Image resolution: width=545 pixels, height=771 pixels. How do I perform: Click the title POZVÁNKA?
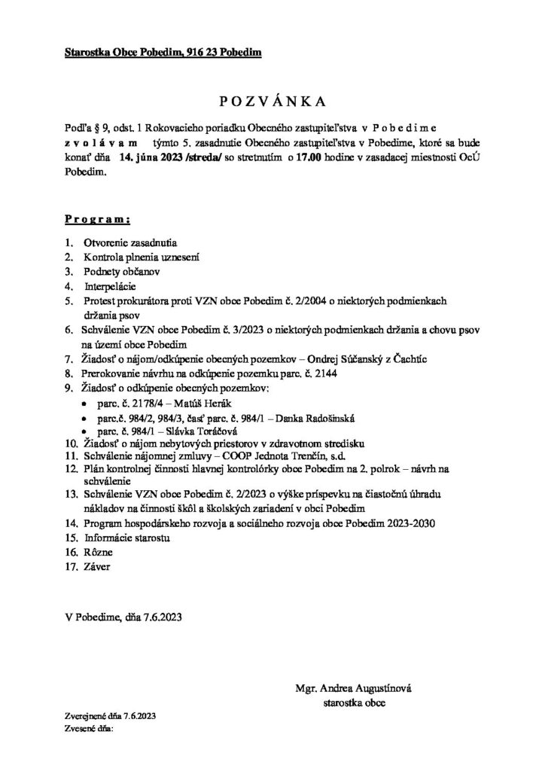tap(272, 100)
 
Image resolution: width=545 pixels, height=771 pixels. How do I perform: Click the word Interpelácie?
tap(109, 286)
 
